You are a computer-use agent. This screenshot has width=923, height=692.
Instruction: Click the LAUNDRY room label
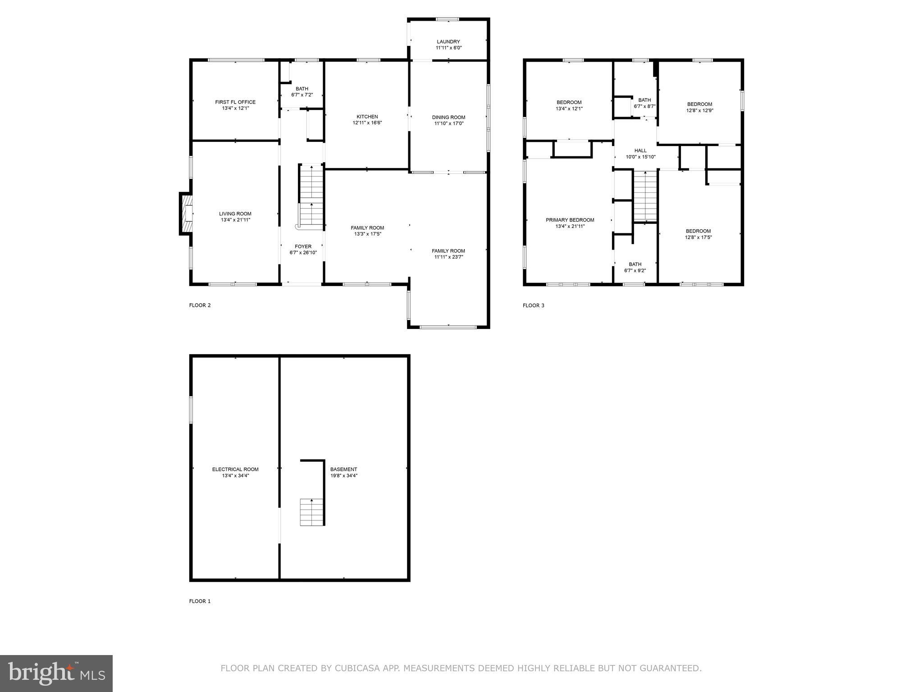tap(448, 41)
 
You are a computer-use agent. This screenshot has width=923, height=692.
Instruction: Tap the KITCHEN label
tap(367, 117)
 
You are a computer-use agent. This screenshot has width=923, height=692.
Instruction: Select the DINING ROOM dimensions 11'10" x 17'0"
tap(448, 123)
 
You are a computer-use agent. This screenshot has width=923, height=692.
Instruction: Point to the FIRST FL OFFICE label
tap(235, 102)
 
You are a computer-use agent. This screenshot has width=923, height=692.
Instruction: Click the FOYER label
tap(303, 246)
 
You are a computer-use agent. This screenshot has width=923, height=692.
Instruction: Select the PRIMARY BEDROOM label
tap(570, 220)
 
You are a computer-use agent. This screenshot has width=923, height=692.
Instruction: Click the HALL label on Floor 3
tap(640, 150)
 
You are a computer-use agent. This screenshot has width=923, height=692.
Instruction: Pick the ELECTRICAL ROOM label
tap(235, 469)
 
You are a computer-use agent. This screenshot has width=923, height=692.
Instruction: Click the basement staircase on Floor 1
tap(312, 512)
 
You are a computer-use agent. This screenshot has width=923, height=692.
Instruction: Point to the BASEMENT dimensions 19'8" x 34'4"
tap(343, 475)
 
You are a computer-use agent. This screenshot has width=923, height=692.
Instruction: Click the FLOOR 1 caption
tap(200, 601)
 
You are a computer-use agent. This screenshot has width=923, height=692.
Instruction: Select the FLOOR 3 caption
tap(533, 305)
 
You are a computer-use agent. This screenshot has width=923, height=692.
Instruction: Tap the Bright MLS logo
tap(56, 673)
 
